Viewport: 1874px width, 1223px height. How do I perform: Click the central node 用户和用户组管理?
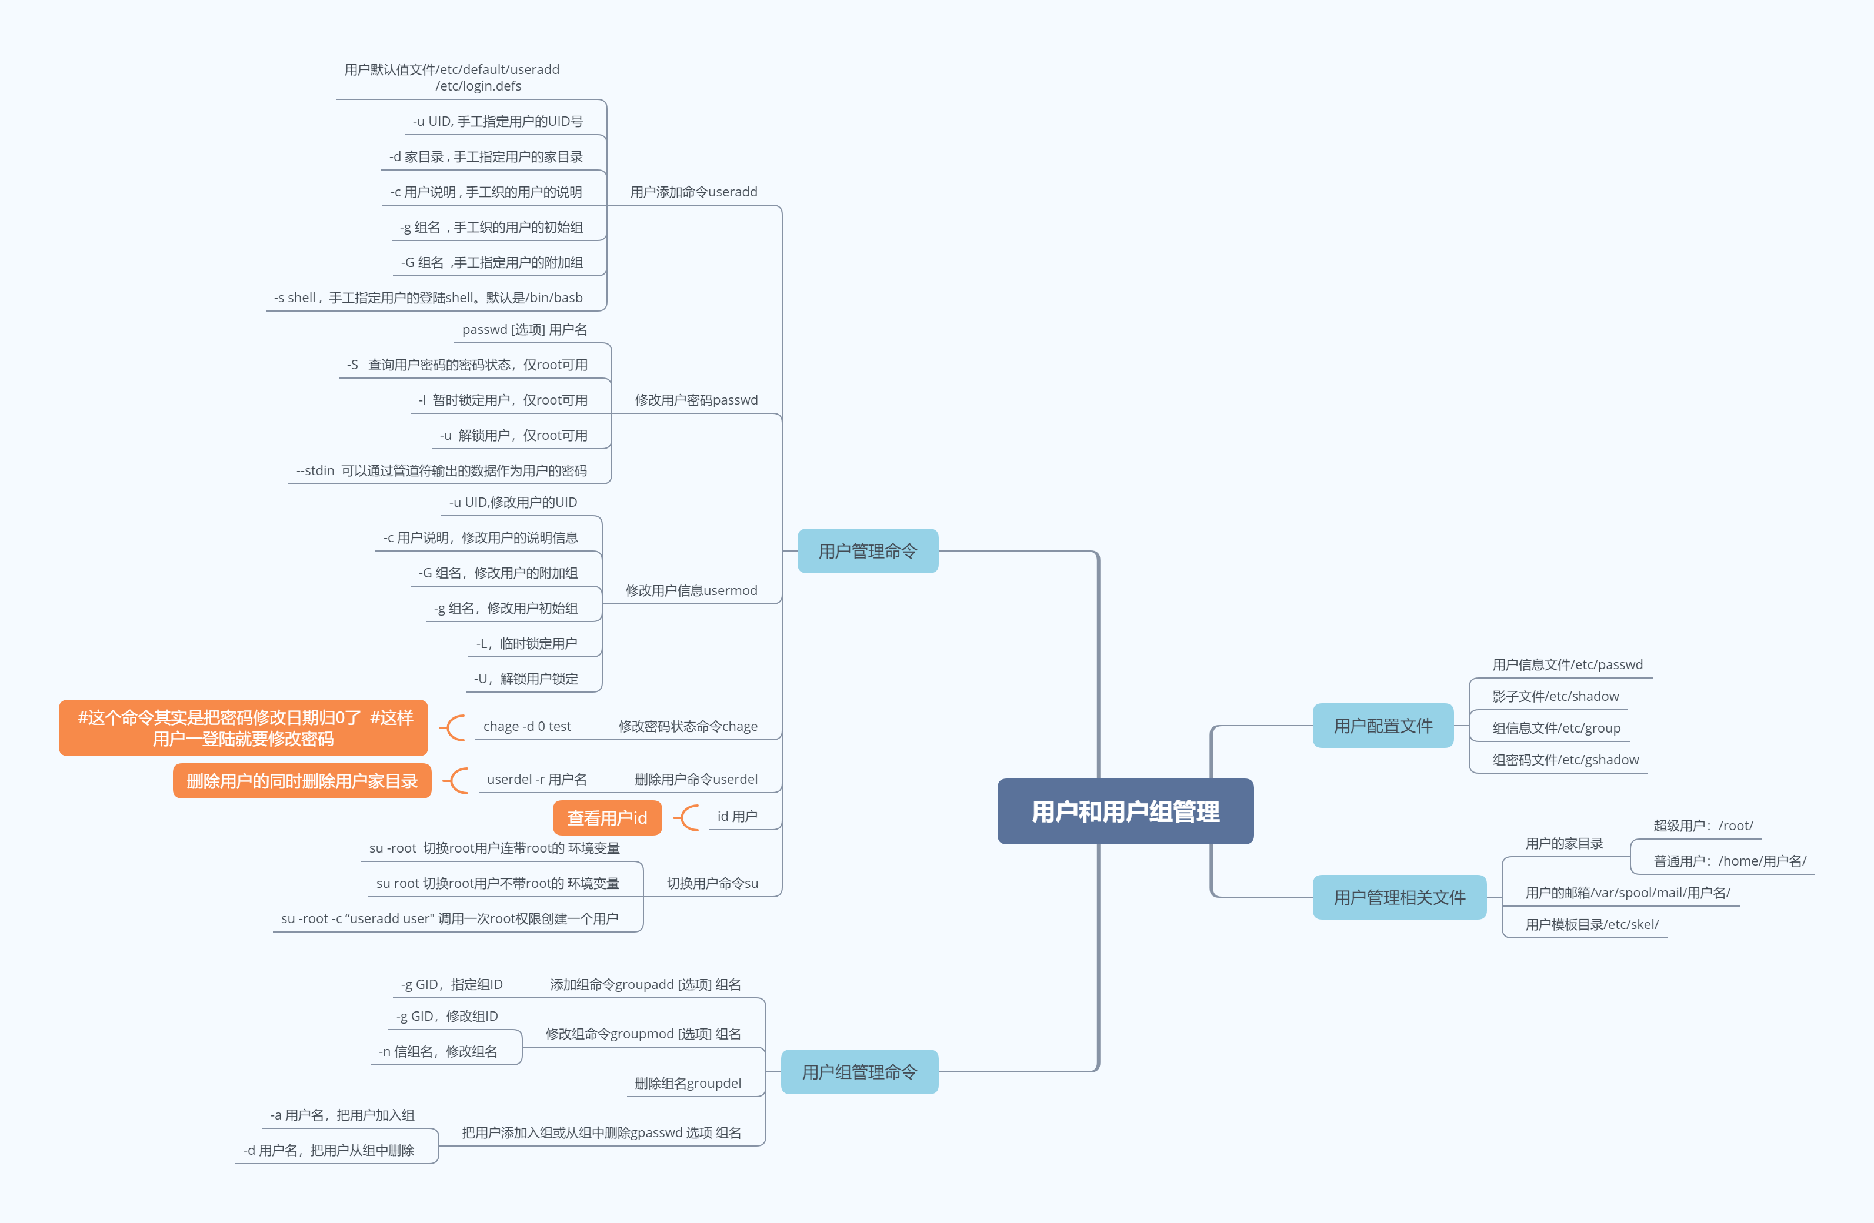coord(1125,811)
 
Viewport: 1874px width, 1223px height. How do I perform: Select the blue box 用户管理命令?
coord(867,551)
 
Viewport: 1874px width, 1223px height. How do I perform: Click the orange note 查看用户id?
coord(606,818)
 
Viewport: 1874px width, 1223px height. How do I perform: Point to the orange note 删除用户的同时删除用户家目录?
coord(302,781)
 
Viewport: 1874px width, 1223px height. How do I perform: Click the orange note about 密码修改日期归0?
coord(244,728)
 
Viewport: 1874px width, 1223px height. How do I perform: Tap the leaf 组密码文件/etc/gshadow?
coord(1565,760)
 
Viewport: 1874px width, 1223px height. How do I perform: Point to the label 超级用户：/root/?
coord(1702,826)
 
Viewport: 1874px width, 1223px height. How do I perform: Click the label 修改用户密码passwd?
coord(696,400)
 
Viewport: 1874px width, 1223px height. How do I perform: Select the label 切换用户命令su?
coord(712,883)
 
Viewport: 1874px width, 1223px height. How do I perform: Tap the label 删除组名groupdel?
coord(688,1083)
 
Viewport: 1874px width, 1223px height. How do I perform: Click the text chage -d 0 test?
coord(527,726)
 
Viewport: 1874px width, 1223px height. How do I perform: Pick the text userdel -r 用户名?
coord(536,779)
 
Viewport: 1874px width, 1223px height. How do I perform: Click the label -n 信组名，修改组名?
coord(438,1051)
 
